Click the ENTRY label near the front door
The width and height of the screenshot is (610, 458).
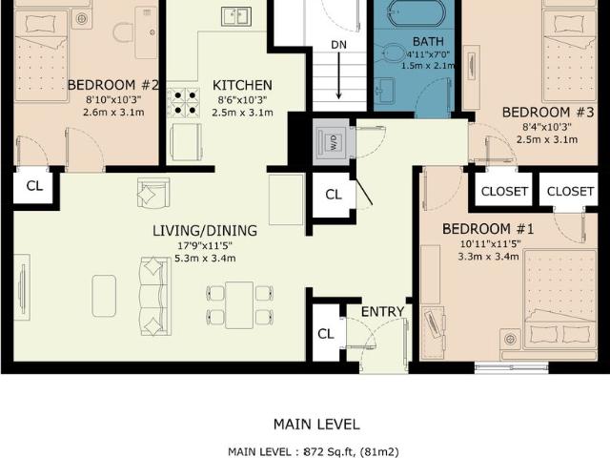pos(382,312)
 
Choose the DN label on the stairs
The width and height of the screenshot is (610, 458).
pos(338,45)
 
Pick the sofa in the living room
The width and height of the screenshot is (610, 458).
pos(151,294)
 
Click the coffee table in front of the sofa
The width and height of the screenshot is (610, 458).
pos(104,295)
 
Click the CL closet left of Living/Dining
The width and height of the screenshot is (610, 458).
pos(33,186)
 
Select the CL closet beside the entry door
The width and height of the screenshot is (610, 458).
pos(325,333)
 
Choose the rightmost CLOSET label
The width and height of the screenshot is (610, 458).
pos(570,191)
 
